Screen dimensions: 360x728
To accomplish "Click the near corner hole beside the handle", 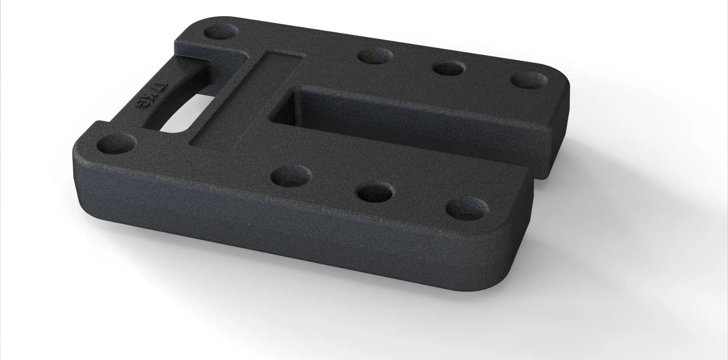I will pos(116,144).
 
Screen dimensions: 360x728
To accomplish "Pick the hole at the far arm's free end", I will pos(530,80).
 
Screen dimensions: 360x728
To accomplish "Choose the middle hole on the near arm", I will pos(377,193).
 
